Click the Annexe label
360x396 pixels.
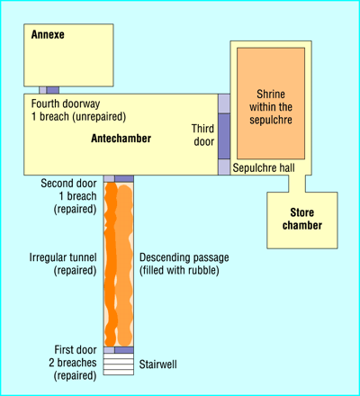coord(48,34)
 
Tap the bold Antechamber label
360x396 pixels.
coord(121,139)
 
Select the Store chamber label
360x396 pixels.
coord(302,219)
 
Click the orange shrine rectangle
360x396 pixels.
coord(271,103)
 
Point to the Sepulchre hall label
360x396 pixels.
coord(264,167)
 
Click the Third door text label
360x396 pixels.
coord(203,135)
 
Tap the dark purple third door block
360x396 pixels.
coord(224,136)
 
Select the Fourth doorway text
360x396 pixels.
coord(66,103)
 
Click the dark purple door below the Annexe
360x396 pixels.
coord(53,90)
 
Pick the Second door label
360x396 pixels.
coord(68,183)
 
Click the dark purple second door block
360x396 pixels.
coord(124,179)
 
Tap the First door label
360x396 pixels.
coord(76,349)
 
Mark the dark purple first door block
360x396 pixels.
coord(124,350)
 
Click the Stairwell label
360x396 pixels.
coord(157,364)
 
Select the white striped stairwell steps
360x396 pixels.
coord(119,364)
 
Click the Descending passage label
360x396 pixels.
coord(184,257)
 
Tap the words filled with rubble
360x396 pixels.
coord(179,270)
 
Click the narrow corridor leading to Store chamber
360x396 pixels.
coord(297,184)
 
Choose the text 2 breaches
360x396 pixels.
coord(73,363)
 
